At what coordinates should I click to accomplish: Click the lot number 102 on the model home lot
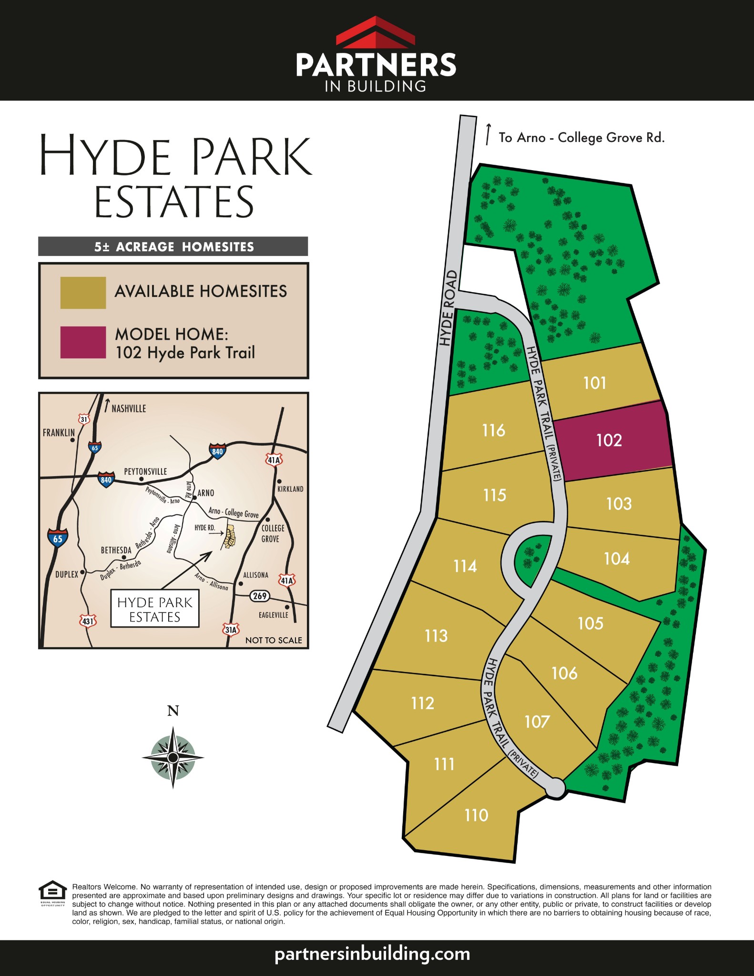point(609,440)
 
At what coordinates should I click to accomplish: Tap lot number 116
point(493,430)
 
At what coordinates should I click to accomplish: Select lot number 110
point(476,815)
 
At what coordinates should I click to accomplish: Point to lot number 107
point(537,722)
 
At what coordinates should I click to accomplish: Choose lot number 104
point(617,559)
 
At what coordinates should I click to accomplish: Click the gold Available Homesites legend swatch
point(83,293)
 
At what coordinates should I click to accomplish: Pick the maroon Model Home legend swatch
point(83,342)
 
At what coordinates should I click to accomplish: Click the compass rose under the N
point(173,757)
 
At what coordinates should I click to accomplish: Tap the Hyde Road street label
point(448,308)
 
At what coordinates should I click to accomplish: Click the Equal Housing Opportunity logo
point(52,892)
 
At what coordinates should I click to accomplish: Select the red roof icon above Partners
point(376,32)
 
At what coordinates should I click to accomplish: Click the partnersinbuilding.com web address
point(372,954)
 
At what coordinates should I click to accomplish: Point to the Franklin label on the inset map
point(59,433)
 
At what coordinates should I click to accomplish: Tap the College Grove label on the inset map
point(273,534)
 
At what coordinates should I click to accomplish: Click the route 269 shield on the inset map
point(260,596)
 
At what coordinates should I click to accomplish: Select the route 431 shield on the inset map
point(88,621)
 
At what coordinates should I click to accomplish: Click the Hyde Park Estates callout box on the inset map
point(155,609)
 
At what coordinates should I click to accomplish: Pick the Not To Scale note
point(274,640)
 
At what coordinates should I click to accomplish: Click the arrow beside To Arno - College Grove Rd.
point(488,134)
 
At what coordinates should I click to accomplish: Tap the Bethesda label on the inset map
point(116,550)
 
